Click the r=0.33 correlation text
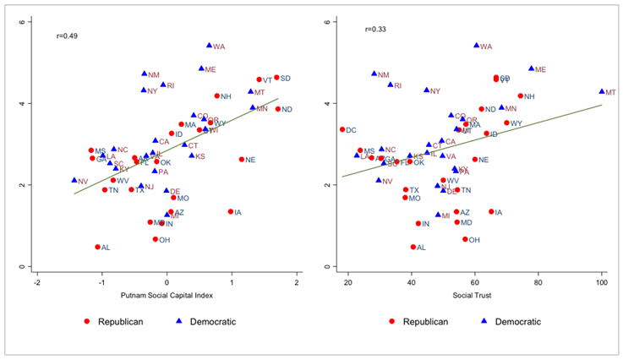tap(374, 30)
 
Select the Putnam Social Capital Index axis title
tap(167, 295)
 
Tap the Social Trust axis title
tap(473, 295)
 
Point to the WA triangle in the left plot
tap(209, 46)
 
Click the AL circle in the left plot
tap(97, 247)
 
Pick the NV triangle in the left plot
tap(74, 180)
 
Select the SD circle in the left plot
tap(276, 78)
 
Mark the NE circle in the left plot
tap(242, 159)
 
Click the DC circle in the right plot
tap(342, 129)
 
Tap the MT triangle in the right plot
tap(602, 91)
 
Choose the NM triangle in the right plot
tap(374, 74)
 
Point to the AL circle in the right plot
tap(413, 247)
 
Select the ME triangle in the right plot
tap(531, 68)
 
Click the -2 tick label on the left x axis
tap(37, 281)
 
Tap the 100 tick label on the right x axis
tap(602, 281)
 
